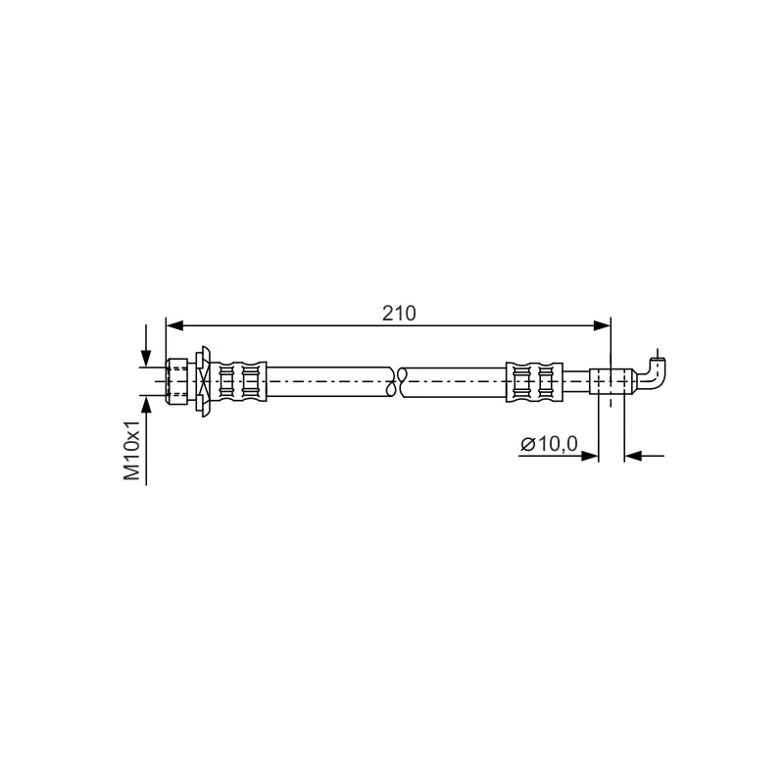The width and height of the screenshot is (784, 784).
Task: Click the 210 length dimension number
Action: pyautogui.click(x=399, y=314)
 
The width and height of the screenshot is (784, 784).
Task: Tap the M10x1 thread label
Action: pyautogui.click(x=132, y=450)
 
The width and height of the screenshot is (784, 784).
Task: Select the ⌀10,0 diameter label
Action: pyautogui.click(x=549, y=444)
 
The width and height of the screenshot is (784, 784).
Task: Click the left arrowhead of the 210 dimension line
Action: pyautogui.click(x=173, y=326)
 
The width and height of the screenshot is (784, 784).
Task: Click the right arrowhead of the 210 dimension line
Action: pyautogui.click(x=603, y=326)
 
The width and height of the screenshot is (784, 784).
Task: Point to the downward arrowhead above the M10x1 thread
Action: pyautogui.click(x=146, y=359)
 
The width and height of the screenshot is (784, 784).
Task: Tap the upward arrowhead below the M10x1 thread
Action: pyautogui.click(x=146, y=404)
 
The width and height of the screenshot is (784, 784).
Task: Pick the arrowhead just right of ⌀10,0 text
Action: pyautogui.click(x=590, y=456)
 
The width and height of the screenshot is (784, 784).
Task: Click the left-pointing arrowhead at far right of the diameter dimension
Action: pyautogui.click(x=633, y=456)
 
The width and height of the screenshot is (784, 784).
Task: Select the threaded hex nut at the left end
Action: pyautogui.click(x=177, y=381)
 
